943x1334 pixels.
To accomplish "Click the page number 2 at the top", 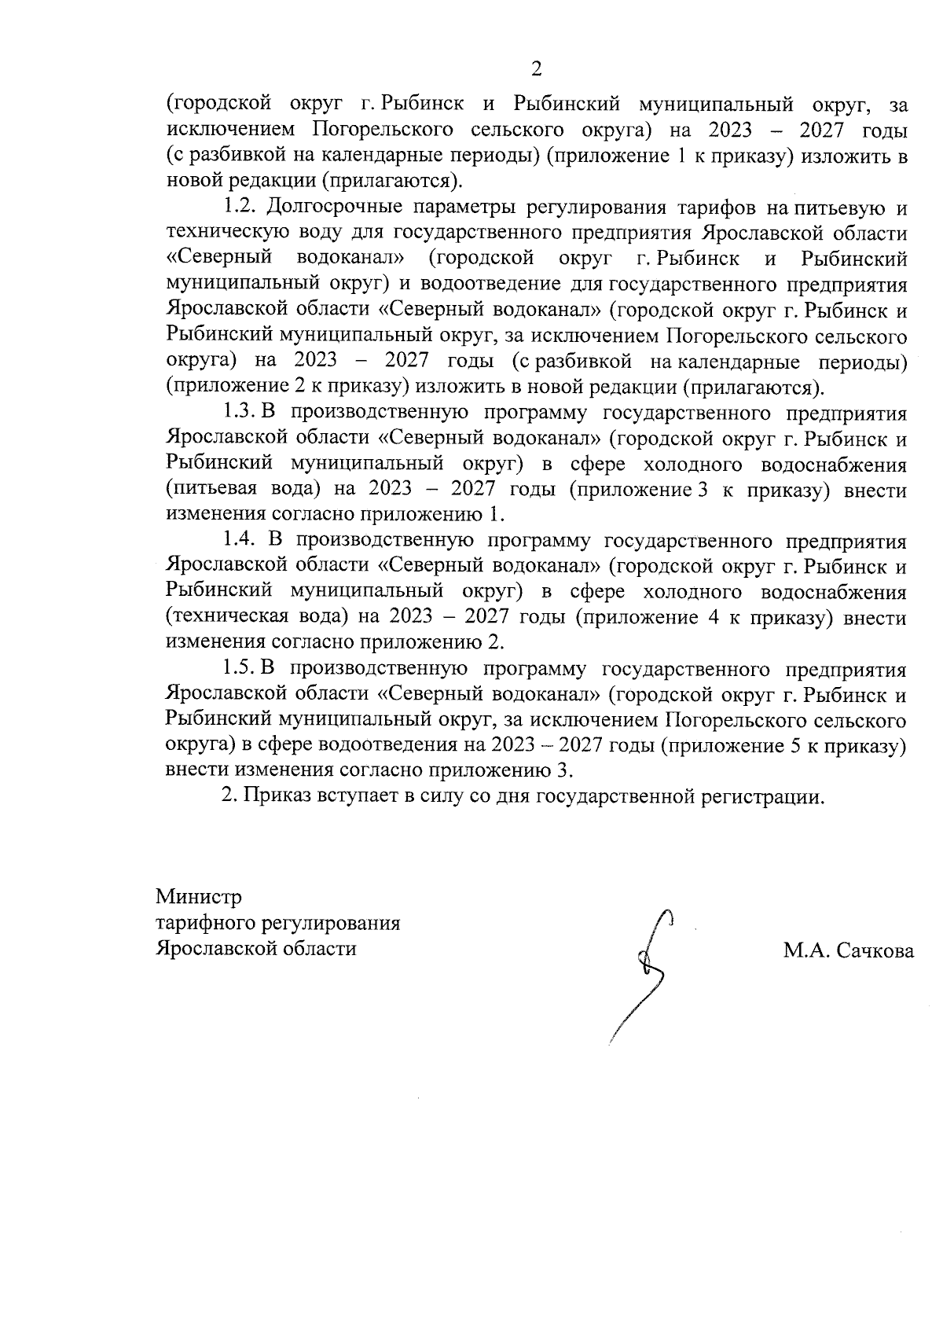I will pos(536,69).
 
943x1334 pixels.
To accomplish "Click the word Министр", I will pos(199,897).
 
